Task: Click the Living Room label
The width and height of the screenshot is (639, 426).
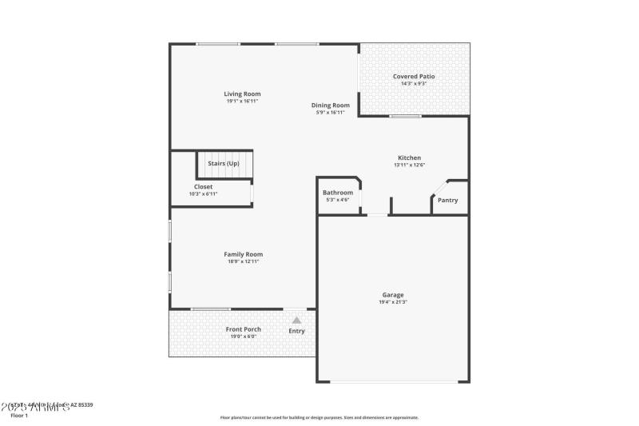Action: pyautogui.click(x=242, y=94)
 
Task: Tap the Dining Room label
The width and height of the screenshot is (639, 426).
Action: pyautogui.click(x=331, y=106)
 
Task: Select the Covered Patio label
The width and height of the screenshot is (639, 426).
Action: pyautogui.click(x=414, y=77)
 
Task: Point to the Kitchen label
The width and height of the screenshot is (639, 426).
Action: pyautogui.click(x=409, y=157)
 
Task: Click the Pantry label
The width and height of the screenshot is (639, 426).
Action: pyautogui.click(x=448, y=200)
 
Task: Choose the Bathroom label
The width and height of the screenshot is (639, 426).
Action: pyautogui.click(x=338, y=193)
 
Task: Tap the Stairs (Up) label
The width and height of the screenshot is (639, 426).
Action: pyautogui.click(x=224, y=163)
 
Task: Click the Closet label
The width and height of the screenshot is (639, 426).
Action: pyautogui.click(x=203, y=187)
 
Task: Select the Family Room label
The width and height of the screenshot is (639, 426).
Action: pyautogui.click(x=243, y=254)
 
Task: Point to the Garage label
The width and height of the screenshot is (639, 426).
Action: pyautogui.click(x=393, y=295)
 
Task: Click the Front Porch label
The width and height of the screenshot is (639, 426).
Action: pyautogui.click(x=243, y=329)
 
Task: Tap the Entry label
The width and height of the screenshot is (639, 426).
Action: pyautogui.click(x=296, y=331)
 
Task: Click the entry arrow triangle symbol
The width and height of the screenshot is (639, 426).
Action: pyautogui.click(x=296, y=320)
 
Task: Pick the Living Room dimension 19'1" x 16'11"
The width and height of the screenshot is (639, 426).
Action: pyautogui.click(x=242, y=102)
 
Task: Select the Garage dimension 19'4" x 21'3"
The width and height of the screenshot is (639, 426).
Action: pyautogui.click(x=393, y=302)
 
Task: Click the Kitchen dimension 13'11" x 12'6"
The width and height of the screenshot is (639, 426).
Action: pyautogui.click(x=409, y=165)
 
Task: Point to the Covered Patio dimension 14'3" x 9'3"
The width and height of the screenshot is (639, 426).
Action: pyautogui.click(x=414, y=84)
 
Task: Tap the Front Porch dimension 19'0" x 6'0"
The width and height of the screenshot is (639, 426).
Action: pyautogui.click(x=243, y=336)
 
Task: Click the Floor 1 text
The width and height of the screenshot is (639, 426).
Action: pyautogui.click(x=19, y=416)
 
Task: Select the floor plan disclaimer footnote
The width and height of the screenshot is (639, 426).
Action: pyautogui.click(x=319, y=417)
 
